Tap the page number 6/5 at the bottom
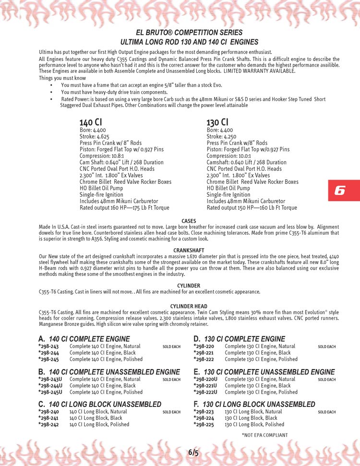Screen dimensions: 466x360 pos(193,453)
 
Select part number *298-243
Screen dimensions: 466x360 pos(48,346)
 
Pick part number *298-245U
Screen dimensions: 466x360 pos(50,392)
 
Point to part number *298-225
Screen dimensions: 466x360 pos(204,424)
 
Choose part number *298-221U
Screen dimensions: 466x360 pos(205,385)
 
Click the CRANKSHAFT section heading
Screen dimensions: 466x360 pos(189,251)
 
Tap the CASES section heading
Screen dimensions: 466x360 pos(189,221)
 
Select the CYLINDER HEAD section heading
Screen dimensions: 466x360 pos(189,306)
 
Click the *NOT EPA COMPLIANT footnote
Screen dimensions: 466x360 pos(264,435)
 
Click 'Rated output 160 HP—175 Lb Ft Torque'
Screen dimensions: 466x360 pos(124,208)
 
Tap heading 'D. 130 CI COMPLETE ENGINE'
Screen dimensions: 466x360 pos(239,339)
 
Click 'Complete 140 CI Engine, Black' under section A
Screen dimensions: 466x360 pos(102,353)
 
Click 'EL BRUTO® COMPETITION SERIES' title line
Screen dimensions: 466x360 pos(190,33)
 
